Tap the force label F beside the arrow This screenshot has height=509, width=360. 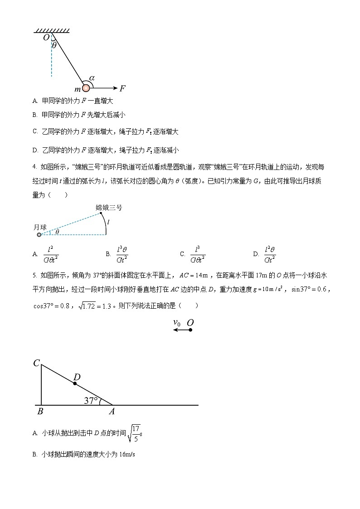[122, 88]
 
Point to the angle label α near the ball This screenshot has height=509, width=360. [92, 78]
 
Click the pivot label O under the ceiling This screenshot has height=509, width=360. [46, 38]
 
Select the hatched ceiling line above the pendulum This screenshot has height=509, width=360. [52, 31]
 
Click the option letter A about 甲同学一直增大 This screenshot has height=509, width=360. [35, 102]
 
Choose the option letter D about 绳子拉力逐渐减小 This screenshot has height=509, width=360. [35, 150]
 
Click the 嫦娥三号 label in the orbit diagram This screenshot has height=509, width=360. [109, 208]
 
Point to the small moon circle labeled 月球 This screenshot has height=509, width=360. [39, 235]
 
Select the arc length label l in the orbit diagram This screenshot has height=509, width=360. [108, 222]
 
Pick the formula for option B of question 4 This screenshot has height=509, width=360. [122, 254]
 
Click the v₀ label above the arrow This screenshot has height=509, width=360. [177, 322]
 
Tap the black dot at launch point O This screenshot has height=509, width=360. [190, 330]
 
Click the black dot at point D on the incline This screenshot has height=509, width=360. [75, 383]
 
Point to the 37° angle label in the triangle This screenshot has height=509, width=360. [91, 401]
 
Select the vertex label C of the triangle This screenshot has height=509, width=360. [36, 363]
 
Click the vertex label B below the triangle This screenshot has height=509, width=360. [40, 412]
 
